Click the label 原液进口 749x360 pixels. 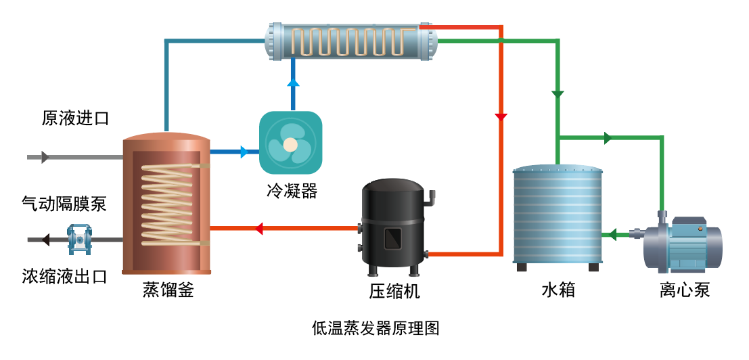click(75, 119)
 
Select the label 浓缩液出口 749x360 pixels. click(64, 276)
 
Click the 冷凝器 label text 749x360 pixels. click(291, 191)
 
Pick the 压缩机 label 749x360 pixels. click(394, 291)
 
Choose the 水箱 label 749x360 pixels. click(558, 290)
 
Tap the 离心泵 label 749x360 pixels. click(685, 290)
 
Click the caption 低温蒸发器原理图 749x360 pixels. click(376, 329)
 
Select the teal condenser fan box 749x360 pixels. click(290, 143)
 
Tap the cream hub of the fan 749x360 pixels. click(290, 144)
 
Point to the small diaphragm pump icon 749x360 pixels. click(79, 239)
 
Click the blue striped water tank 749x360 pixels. click(558, 215)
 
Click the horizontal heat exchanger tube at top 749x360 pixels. click(350, 41)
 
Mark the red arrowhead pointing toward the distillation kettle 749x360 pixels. click(258, 229)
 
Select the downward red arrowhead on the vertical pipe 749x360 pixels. click(501, 117)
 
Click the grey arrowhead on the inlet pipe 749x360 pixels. click(45, 157)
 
